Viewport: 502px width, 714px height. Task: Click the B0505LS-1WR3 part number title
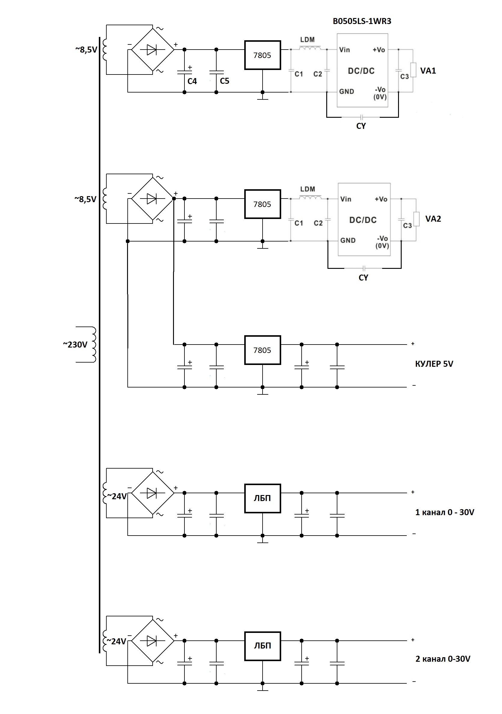(x=362, y=21)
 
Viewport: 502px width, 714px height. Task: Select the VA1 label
(x=428, y=71)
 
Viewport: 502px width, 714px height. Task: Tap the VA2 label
(x=433, y=219)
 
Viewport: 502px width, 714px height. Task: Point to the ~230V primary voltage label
(x=75, y=345)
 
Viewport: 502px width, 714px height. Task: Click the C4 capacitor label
(x=192, y=81)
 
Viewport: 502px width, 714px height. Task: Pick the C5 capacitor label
(x=224, y=81)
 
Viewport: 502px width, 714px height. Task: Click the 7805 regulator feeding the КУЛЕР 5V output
(x=263, y=350)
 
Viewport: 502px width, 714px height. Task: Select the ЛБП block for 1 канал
(x=263, y=498)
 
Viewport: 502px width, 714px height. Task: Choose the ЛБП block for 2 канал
(x=263, y=646)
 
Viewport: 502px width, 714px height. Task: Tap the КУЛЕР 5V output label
(x=434, y=364)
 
